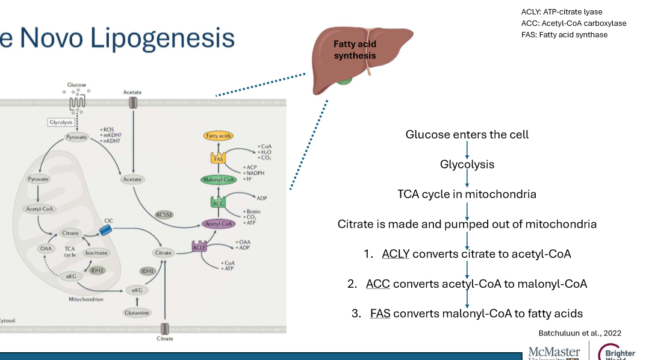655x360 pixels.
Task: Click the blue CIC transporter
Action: tap(106, 230)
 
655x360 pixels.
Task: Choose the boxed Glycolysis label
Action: tap(61, 122)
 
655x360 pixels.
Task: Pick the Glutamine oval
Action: tap(136, 312)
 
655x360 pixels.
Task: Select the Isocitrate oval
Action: tap(96, 253)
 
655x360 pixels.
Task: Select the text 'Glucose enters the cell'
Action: tap(467, 134)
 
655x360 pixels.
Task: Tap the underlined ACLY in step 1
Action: tap(396, 253)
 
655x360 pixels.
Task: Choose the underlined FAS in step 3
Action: tap(380, 313)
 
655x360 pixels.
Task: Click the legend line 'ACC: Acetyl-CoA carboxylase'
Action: tap(574, 23)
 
